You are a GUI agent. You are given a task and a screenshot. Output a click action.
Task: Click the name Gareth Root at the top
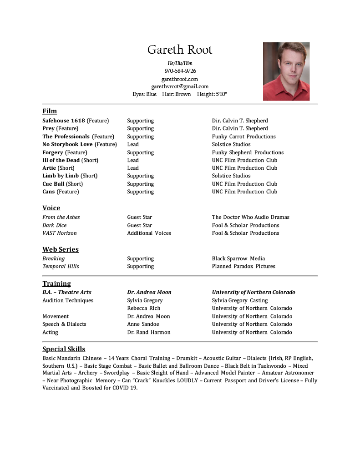click(180, 50)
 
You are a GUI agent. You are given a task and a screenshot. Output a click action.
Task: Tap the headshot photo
click(286, 71)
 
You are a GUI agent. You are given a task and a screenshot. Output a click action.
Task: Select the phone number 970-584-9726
click(180, 71)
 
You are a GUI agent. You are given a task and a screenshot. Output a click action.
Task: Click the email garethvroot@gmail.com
click(180, 86)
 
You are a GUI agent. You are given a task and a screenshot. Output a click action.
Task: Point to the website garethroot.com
click(180, 79)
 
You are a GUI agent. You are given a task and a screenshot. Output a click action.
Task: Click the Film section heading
click(50, 111)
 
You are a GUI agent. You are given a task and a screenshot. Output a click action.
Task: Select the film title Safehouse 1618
click(64, 121)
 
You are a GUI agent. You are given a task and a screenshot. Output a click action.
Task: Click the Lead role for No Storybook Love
click(133, 144)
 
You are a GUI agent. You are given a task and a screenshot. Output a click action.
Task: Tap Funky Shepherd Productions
click(248, 152)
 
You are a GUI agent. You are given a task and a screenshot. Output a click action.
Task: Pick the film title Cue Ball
click(53, 184)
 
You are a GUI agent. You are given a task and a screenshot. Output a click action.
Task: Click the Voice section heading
click(51, 208)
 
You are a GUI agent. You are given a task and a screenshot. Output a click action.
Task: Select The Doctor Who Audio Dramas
click(250, 217)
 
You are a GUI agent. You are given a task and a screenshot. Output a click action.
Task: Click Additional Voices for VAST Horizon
click(149, 233)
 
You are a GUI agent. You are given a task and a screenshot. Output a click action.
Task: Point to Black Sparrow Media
click(238, 258)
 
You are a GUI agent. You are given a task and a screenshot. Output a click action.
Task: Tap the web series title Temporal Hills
click(61, 266)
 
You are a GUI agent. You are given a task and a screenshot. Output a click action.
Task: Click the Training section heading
click(56, 284)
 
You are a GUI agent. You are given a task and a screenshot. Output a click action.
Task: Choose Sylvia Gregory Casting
click(239, 300)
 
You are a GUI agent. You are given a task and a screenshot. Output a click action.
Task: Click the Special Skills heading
click(64, 349)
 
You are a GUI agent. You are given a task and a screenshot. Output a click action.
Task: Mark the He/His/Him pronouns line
click(180, 63)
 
